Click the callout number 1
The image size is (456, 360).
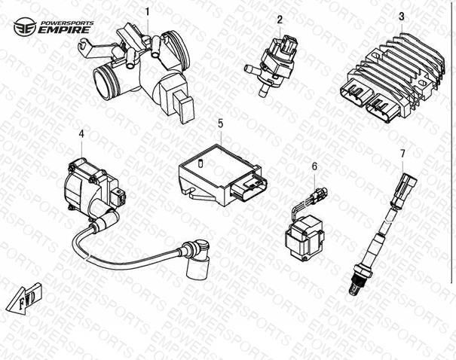(148, 12)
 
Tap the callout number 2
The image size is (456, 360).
(280, 20)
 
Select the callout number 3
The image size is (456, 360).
(401, 17)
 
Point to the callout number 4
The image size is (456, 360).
(81, 134)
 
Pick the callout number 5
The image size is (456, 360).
(220, 124)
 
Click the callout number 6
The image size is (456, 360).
(314, 166)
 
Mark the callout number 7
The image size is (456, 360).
(402, 153)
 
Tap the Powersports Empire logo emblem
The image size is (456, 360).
(25, 26)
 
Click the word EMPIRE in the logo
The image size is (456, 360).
(64, 30)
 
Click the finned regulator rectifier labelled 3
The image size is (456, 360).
(393, 78)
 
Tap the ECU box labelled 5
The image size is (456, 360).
(223, 175)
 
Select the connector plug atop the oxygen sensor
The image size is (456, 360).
(403, 190)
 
